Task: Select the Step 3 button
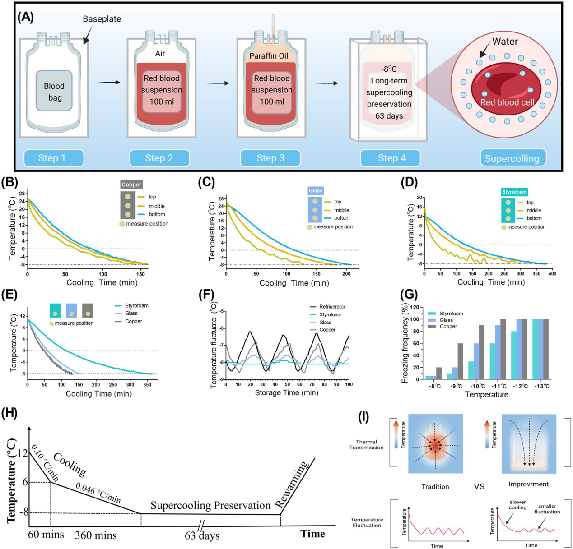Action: (270, 158)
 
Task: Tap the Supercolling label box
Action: (512, 158)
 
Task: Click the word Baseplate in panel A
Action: (102, 19)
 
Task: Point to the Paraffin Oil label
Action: (269, 56)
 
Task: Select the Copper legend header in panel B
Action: (131, 185)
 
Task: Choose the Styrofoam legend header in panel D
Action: (514, 192)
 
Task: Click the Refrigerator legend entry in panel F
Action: (332, 307)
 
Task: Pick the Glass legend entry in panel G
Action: (446, 320)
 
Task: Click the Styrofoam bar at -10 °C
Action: (471, 370)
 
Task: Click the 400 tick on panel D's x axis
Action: (552, 273)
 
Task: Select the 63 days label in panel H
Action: (202, 536)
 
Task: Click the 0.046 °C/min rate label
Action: (98, 493)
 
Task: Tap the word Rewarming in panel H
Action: (293, 484)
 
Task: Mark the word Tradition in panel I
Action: (435, 487)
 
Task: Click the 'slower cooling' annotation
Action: (517, 505)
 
